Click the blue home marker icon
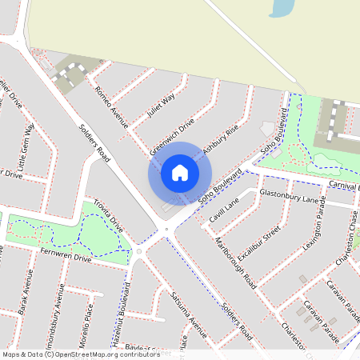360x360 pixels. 180,173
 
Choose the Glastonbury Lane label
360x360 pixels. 289,197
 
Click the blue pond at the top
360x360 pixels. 282,8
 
